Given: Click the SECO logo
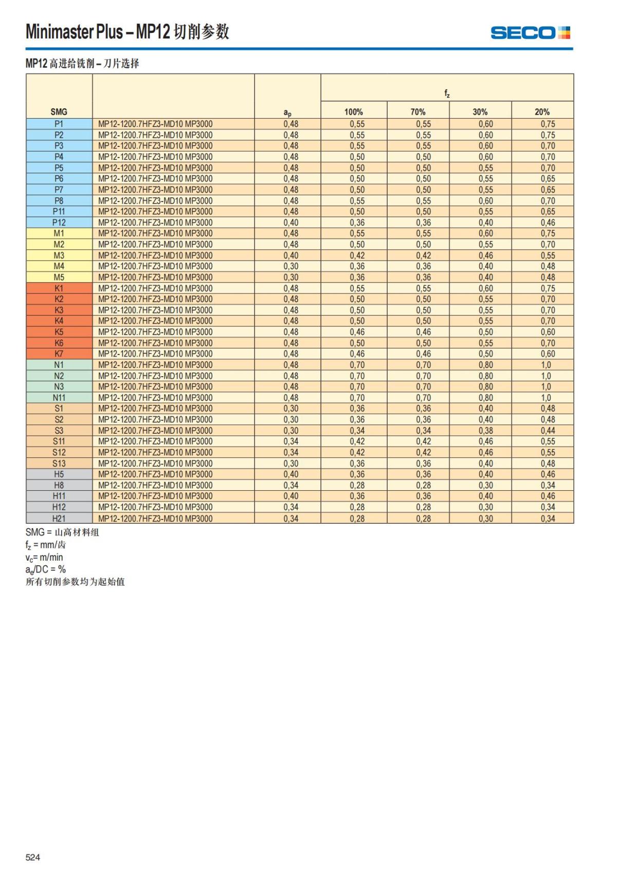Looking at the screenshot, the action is [x=530, y=33].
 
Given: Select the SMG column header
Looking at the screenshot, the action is [x=59, y=112].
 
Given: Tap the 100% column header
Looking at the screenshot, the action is [x=353, y=112].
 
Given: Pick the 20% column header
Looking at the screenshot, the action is [x=542, y=112].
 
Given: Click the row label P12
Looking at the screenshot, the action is [x=59, y=222].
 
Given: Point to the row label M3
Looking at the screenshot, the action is [x=59, y=255].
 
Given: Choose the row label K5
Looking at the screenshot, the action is [x=59, y=332].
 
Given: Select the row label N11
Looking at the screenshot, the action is [x=59, y=398].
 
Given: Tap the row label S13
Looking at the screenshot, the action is [x=59, y=463].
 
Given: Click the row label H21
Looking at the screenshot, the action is [x=59, y=518].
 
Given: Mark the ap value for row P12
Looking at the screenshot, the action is [x=291, y=222].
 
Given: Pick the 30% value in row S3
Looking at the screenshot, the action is [x=485, y=431].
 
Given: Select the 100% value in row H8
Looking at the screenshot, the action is [x=357, y=485].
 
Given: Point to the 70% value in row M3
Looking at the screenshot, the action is [x=423, y=255].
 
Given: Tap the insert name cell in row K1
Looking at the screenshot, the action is [x=155, y=288].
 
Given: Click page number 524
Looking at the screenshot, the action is [x=33, y=857].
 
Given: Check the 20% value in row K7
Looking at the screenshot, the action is [x=548, y=354].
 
